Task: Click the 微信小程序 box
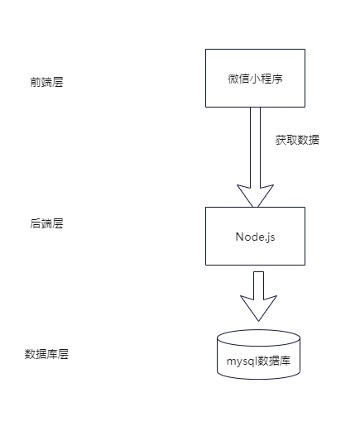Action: [255, 78]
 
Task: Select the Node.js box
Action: [255, 236]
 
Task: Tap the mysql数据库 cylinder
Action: [258, 354]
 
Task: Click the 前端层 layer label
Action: [46, 82]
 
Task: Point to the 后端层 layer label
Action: [46, 223]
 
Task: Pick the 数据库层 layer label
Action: [46, 354]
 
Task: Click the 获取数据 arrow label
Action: [297, 140]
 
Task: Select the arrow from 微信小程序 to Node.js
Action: [255, 157]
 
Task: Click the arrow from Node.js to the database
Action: [258, 296]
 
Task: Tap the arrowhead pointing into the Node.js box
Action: [255, 196]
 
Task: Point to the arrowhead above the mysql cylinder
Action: [258, 309]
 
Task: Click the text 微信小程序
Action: [255, 79]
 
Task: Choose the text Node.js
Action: [255, 237]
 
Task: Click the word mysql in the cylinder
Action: [242, 361]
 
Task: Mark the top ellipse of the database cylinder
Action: [258, 337]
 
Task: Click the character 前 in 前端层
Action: [36, 82]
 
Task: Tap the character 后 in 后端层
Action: [36, 223]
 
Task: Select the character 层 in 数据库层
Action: [63, 354]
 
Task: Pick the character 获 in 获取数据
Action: [281, 140]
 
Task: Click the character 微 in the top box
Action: [233, 79]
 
